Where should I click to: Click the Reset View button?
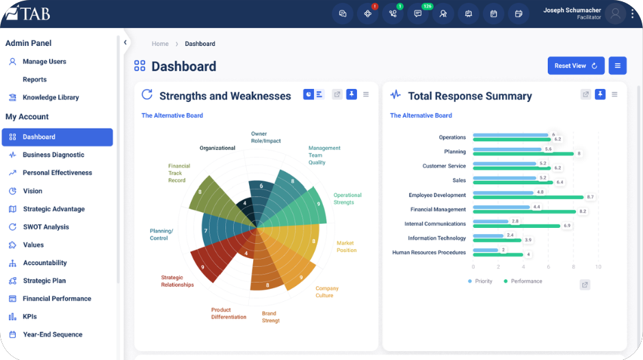[x=576, y=66]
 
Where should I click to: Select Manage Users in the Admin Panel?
[x=44, y=62]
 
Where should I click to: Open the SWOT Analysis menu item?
[x=46, y=227]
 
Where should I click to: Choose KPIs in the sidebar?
[x=30, y=316]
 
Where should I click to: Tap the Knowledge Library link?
[x=51, y=97]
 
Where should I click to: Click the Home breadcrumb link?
[x=160, y=44]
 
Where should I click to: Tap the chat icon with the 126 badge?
[x=418, y=14]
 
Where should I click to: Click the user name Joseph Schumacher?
[x=572, y=10]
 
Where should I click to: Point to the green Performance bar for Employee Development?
[x=528, y=197]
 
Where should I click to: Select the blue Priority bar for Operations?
[x=510, y=135]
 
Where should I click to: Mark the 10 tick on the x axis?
[x=599, y=267]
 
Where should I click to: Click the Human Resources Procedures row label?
[x=429, y=253]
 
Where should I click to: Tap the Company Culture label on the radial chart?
[x=327, y=292]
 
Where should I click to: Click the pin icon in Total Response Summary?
[x=600, y=94]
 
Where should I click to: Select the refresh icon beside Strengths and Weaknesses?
[x=147, y=94]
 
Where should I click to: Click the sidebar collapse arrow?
[x=125, y=42]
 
